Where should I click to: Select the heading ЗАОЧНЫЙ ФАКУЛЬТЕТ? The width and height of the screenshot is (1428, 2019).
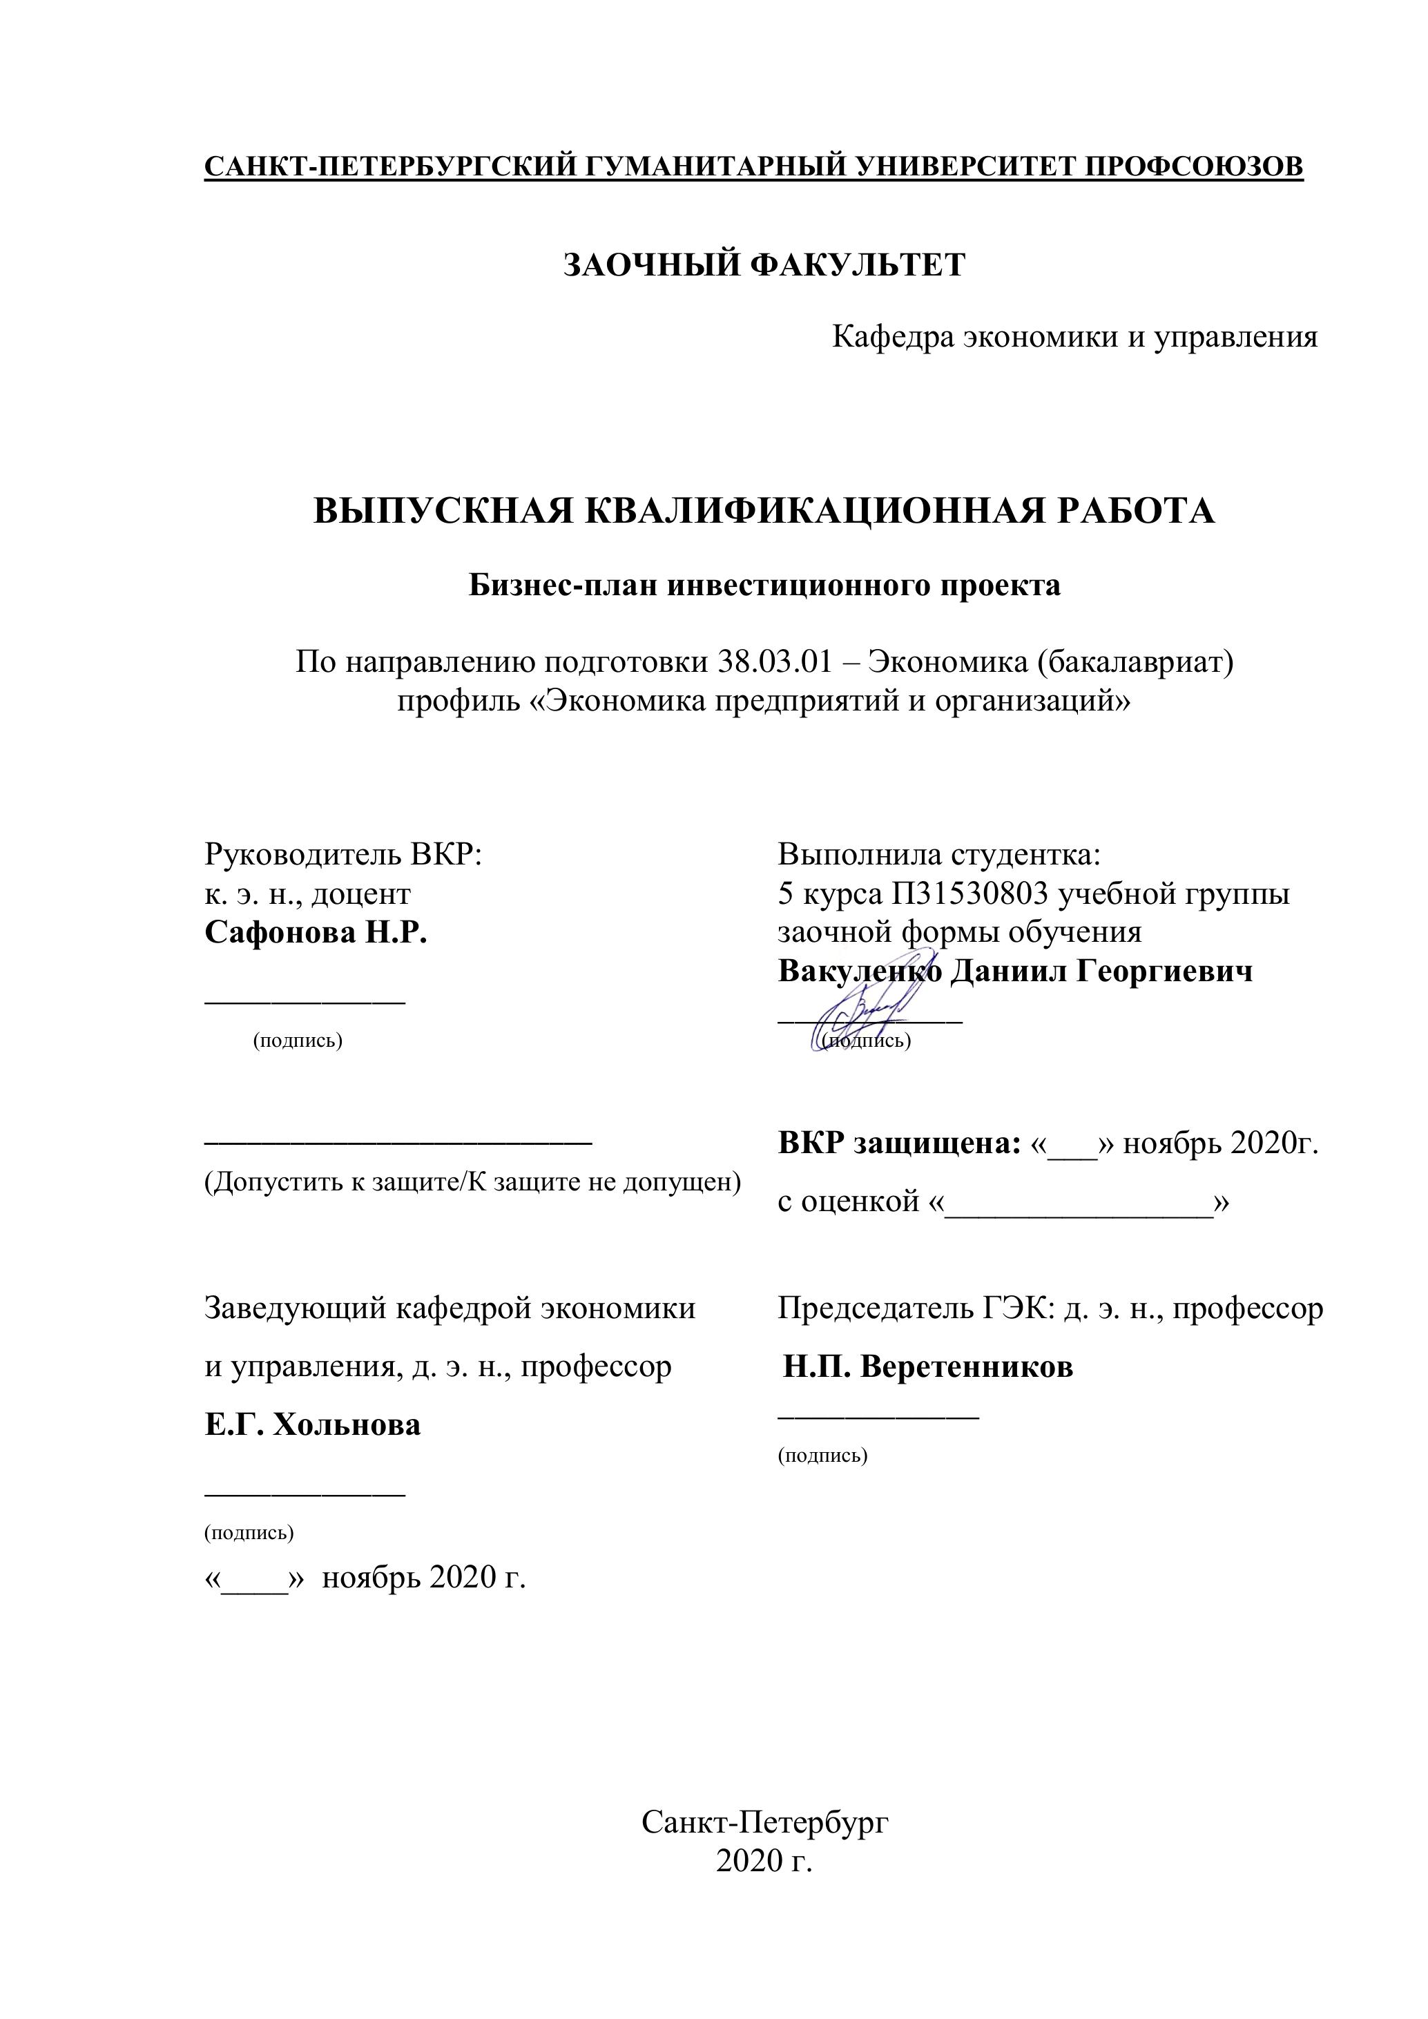(764, 264)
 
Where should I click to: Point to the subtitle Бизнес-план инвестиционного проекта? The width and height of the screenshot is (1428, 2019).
(764, 585)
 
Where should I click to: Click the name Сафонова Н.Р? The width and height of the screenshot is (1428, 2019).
(316, 932)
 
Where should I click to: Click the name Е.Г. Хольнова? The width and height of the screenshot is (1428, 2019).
(312, 1424)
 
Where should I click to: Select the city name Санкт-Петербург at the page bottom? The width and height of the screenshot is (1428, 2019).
(764, 1823)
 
